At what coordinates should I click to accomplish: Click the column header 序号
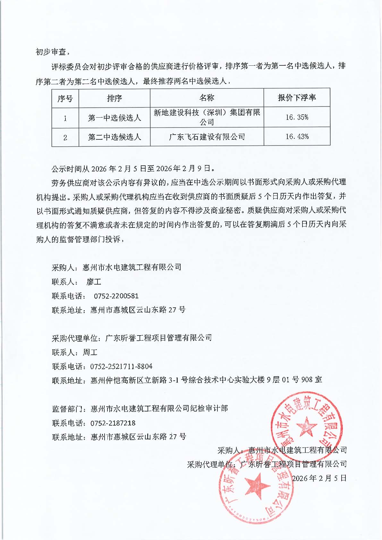click(x=65, y=98)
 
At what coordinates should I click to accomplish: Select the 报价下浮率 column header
click(x=297, y=98)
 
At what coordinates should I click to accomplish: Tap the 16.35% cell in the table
click(x=297, y=117)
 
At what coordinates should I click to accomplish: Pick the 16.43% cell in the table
click(x=297, y=137)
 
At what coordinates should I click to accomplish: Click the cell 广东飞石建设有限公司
click(x=207, y=137)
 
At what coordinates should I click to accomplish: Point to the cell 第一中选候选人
click(x=115, y=118)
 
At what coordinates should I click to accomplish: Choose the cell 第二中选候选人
click(x=115, y=137)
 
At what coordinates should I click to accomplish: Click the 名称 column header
click(x=207, y=98)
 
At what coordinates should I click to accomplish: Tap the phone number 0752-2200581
click(x=116, y=296)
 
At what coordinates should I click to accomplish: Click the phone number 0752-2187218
click(x=113, y=423)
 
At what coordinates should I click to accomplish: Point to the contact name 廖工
click(x=94, y=282)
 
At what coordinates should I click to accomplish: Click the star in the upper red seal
click(x=306, y=426)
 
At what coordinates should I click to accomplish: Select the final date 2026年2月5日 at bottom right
click(x=319, y=478)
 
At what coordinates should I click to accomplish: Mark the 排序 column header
click(x=115, y=98)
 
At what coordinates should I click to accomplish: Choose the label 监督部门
click(x=67, y=409)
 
